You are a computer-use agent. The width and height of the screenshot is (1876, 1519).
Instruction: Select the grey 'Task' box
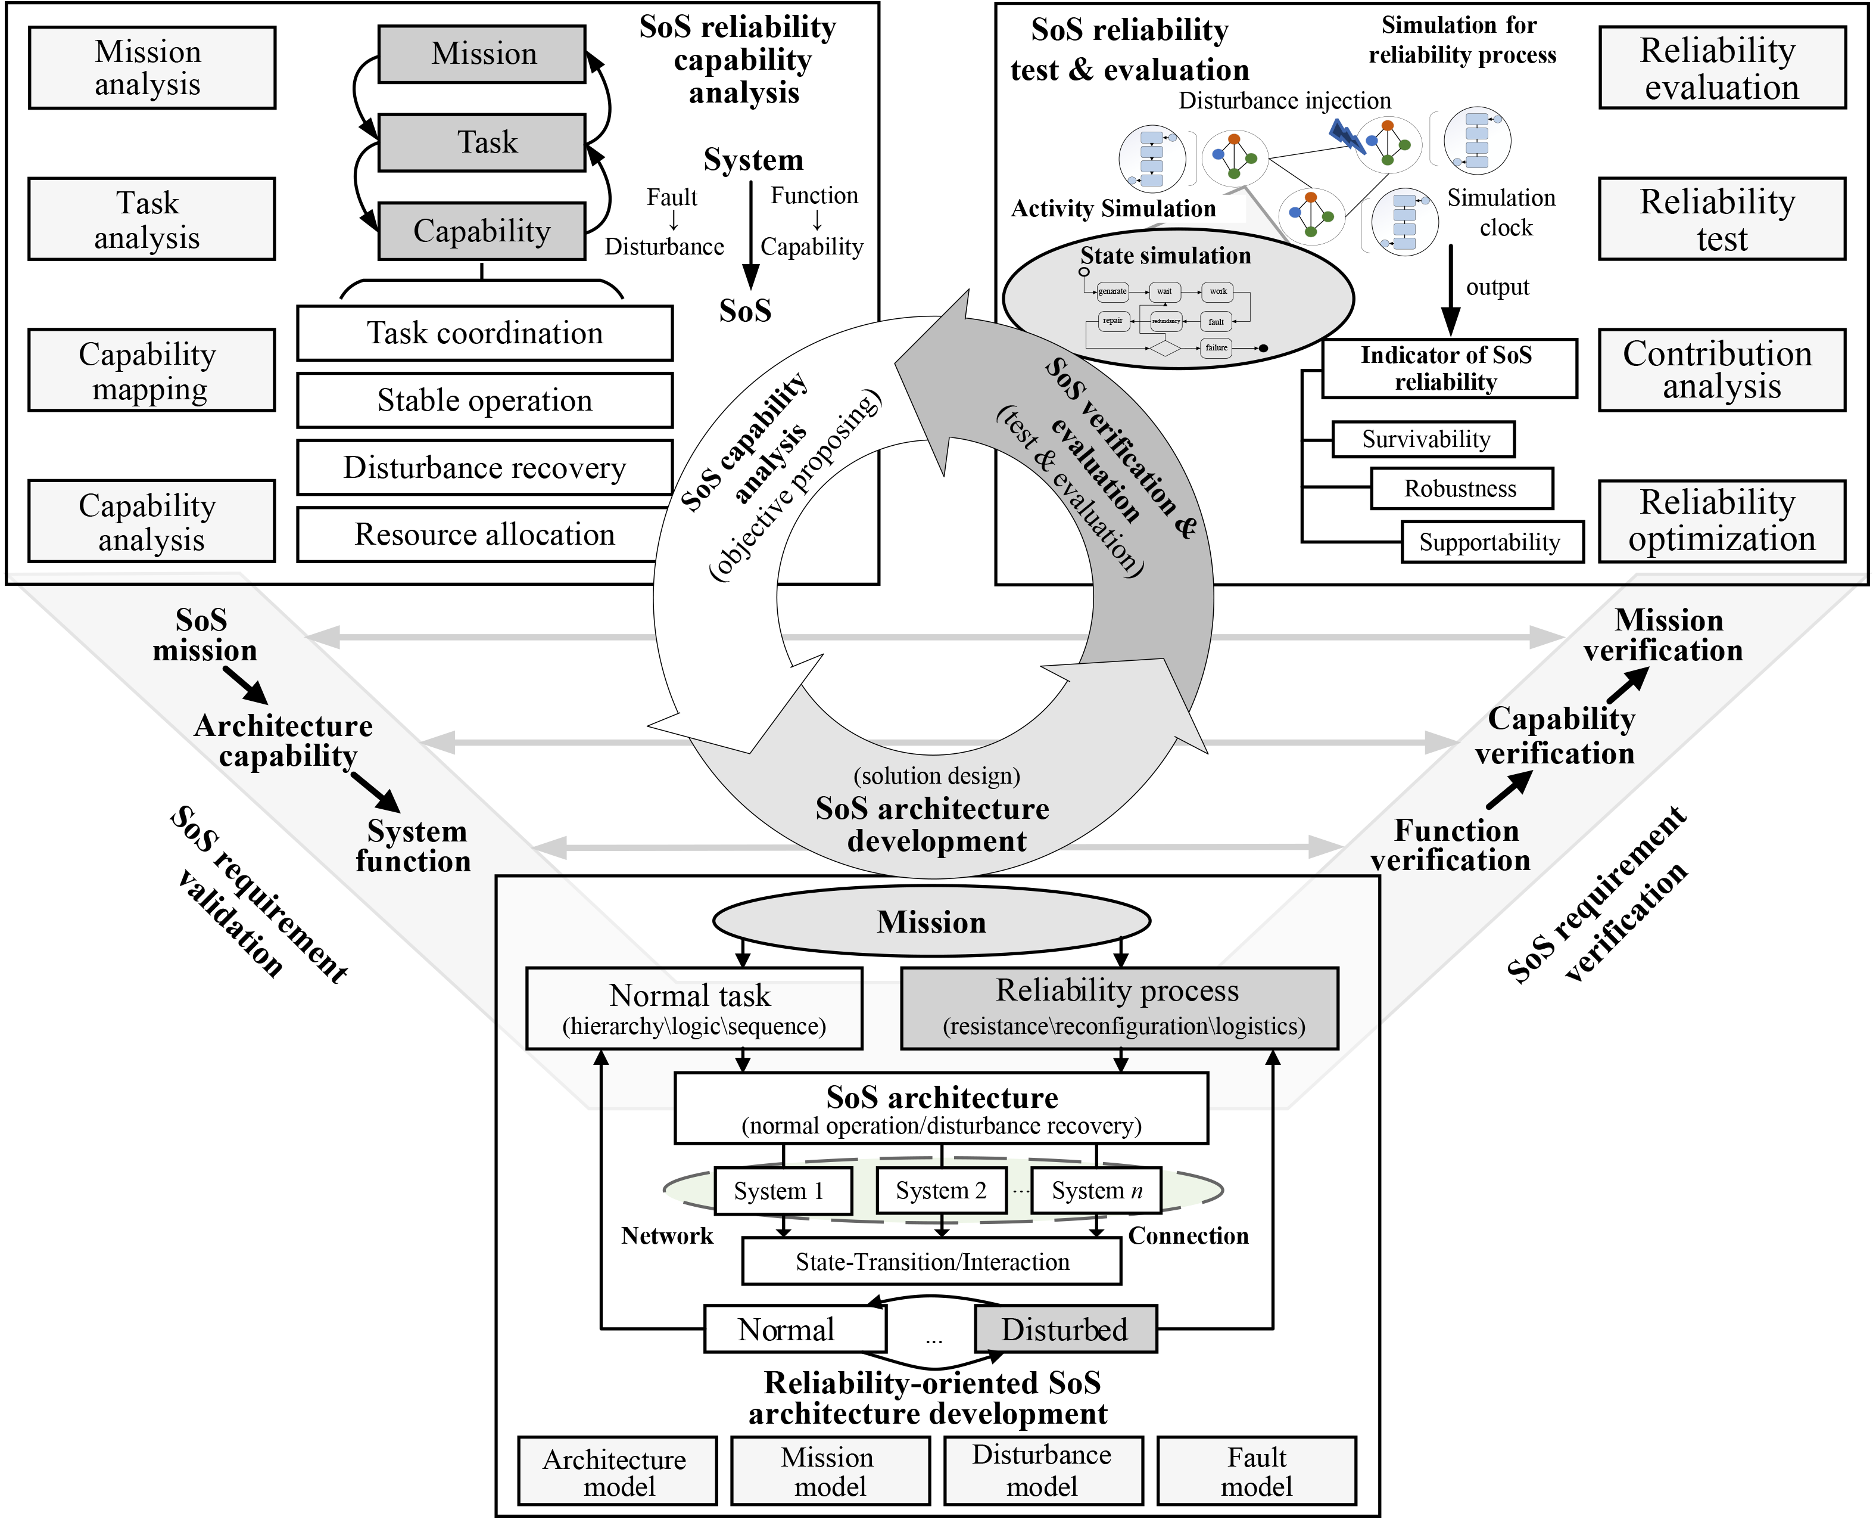tap(481, 142)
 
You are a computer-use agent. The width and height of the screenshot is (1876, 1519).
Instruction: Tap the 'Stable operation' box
tap(485, 400)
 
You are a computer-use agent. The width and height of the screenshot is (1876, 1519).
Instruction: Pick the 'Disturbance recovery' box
tap(485, 468)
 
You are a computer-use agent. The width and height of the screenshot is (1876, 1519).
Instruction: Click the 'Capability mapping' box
tap(151, 370)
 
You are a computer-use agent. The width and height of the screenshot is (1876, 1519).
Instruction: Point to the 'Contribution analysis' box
tap(1721, 370)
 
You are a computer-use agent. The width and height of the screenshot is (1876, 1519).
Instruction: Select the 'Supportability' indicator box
tap(1491, 542)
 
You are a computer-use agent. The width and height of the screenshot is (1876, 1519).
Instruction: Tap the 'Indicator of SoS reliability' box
tap(1448, 368)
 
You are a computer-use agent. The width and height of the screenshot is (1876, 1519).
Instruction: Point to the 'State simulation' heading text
tap(1165, 256)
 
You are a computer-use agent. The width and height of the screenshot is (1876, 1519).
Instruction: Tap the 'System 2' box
tap(941, 1191)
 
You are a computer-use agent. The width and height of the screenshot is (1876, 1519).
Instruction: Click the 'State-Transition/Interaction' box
tap(931, 1262)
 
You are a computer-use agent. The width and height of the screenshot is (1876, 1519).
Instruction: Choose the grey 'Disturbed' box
tap(1065, 1329)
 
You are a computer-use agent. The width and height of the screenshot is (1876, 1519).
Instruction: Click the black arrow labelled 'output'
tap(1451, 289)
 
